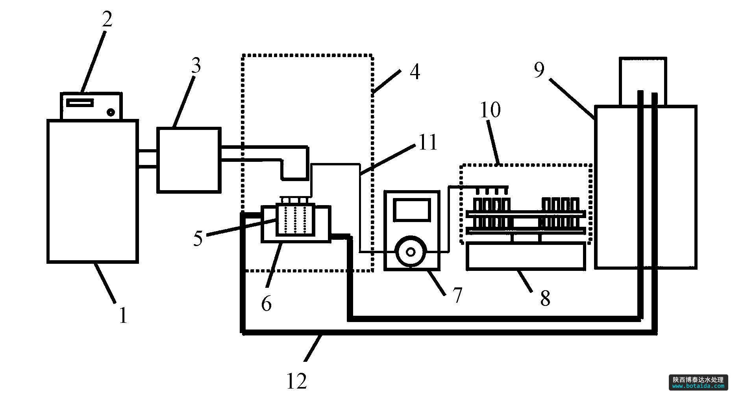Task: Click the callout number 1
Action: pyautogui.click(x=124, y=315)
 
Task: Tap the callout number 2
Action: pyautogui.click(x=107, y=19)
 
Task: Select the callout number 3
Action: pyautogui.click(x=196, y=66)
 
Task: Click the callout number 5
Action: pyautogui.click(x=198, y=238)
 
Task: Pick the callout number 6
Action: pyautogui.click(x=267, y=304)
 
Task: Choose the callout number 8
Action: pyautogui.click(x=545, y=298)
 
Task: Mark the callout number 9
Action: pyautogui.click(x=539, y=70)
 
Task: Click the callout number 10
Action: pyautogui.click(x=490, y=110)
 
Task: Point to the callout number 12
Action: pyautogui.click(x=296, y=380)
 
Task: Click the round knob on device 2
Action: pyautogui.click(x=111, y=112)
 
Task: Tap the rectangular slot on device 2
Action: pyautogui.click(x=80, y=103)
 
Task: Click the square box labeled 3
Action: pyautogui.click(x=189, y=160)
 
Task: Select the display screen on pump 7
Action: pyautogui.click(x=412, y=209)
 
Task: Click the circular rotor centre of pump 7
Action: pyautogui.click(x=411, y=252)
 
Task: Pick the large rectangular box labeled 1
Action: pyautogui.click(x=93, y=191)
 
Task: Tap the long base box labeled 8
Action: pyautogui.click(x=526, y=256)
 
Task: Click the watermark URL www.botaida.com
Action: pyautogui.click(x=698, y=386)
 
